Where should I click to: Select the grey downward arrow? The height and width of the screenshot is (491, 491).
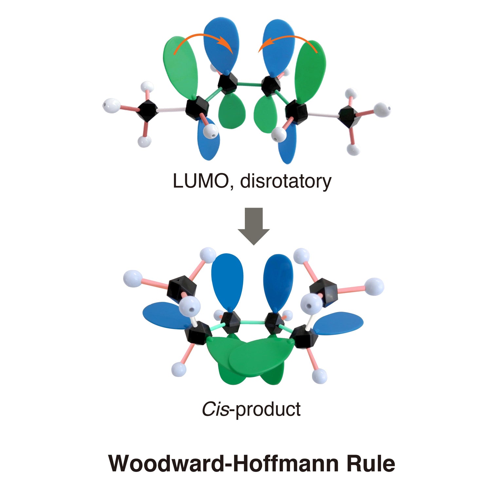254,226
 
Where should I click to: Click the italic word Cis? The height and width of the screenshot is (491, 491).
215,409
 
